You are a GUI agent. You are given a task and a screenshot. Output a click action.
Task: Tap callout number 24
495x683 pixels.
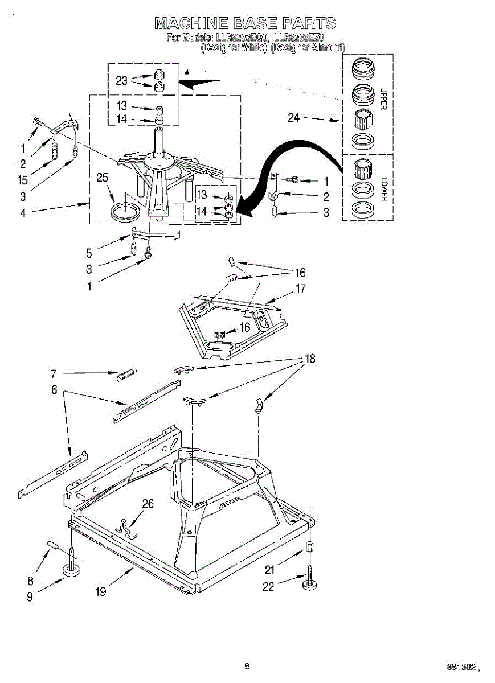tap(293, 118)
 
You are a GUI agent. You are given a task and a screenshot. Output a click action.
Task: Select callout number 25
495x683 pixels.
tap(103, 178)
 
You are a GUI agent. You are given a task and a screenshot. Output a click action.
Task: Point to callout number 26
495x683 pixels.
tap(148, 503)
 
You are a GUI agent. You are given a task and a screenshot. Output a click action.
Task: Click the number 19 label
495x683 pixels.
tap(101, 591)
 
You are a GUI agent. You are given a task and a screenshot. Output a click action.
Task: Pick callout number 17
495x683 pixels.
tap(300, 288)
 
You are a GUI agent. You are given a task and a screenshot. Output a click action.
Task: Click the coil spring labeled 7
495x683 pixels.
tap(126, 374)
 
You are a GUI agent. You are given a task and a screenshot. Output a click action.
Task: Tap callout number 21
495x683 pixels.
tap(270, 569)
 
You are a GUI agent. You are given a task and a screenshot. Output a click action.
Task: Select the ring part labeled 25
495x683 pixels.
tap(124, 212)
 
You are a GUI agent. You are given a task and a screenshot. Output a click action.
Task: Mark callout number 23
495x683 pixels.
tap(121, 81)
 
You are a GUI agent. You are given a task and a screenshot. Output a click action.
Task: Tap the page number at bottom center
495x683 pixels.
tap(247, 666)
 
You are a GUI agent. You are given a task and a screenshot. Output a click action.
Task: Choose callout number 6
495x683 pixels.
tap(55, 390)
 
